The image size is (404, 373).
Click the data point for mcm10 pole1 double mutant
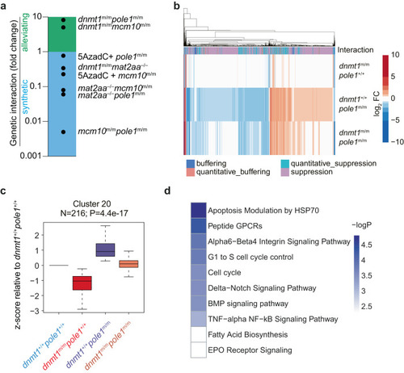point(63,132)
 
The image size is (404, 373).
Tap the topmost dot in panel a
point(63,20)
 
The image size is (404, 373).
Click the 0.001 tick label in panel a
point(31,156)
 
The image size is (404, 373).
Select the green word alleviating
point(25,32)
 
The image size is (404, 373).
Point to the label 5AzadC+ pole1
point(112,57)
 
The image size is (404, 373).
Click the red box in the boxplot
point(82,283)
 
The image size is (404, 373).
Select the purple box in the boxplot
point(105,250)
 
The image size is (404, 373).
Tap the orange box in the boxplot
point(128,264)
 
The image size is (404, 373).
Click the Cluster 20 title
point(92,203)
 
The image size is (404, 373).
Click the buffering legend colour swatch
point(191,163)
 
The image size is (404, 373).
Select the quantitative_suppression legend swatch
point(285,163)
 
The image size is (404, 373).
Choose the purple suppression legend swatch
point(285,172)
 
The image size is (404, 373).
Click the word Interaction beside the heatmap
point(356,50)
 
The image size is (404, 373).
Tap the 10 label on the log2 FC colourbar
point(395,55)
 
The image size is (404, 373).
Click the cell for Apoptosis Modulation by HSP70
point(199,210)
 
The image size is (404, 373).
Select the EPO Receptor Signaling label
point(250,350)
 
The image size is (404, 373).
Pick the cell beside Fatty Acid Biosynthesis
point(199,334)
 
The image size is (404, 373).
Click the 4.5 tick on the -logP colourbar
point(367,245)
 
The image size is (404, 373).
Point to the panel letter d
point(167,191)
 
